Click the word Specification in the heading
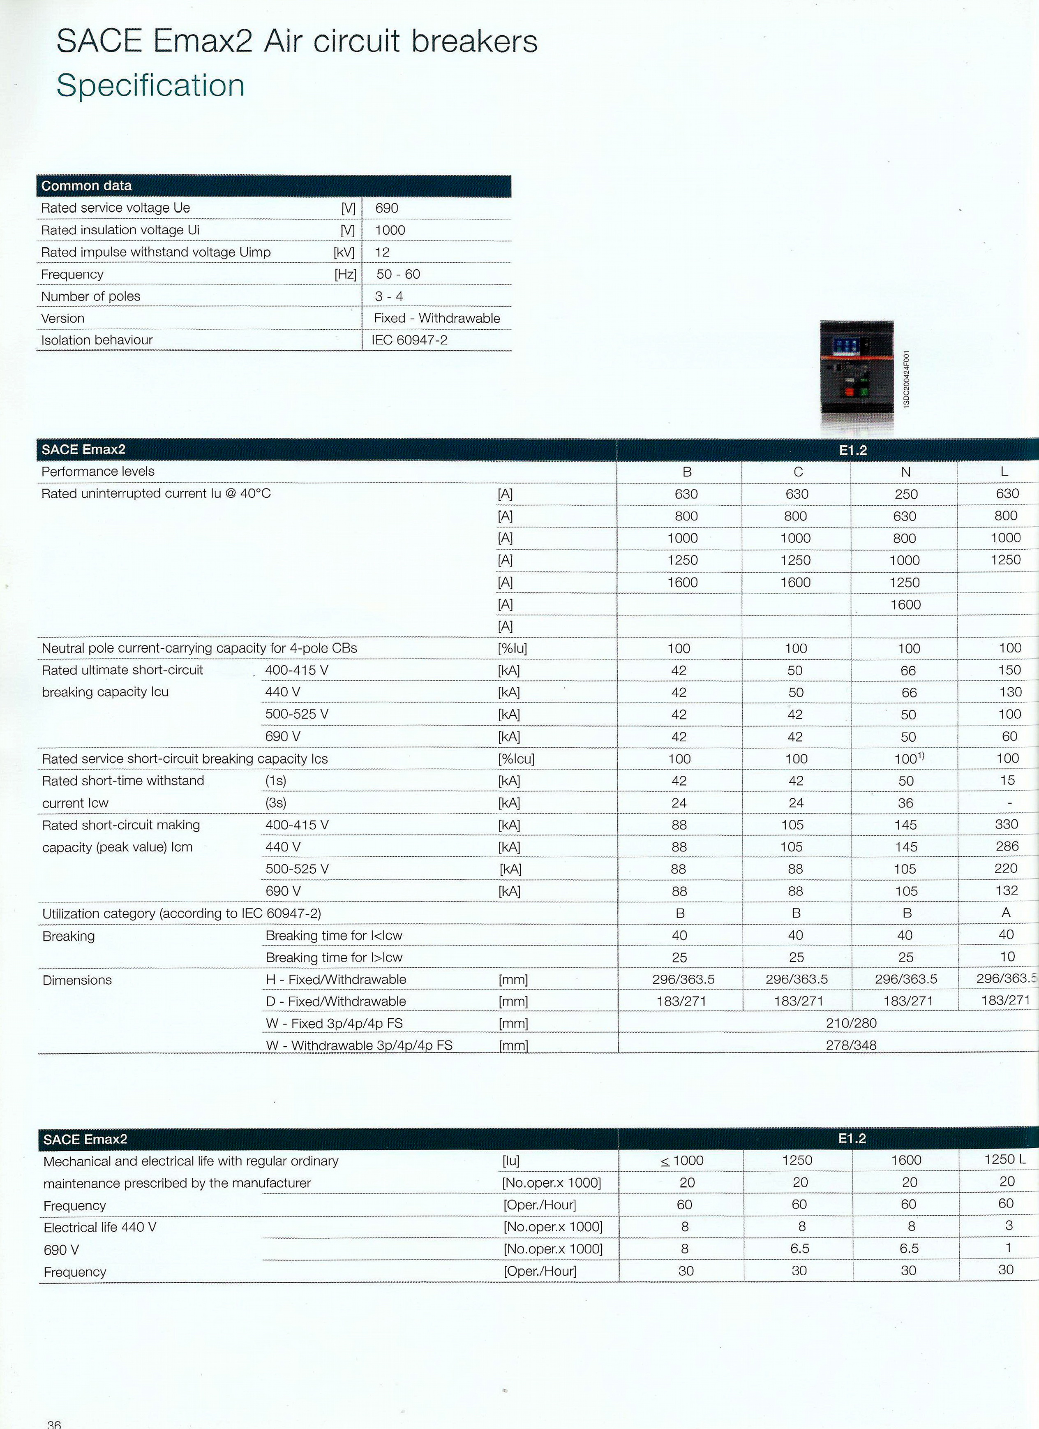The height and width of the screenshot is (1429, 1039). click(150, 86)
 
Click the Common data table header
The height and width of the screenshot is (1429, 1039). click(86, 186)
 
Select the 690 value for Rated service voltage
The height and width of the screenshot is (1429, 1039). click(386, 208)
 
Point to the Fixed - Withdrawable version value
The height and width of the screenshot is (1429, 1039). click(436, 318)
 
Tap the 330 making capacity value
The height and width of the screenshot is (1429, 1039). click(1006, 824)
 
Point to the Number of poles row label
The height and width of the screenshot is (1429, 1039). click(91, 296)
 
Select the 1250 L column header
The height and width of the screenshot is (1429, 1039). click(1005, 1159)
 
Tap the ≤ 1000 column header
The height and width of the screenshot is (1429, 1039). click(682, 1161)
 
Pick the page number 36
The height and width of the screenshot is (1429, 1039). click(54, 1423)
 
